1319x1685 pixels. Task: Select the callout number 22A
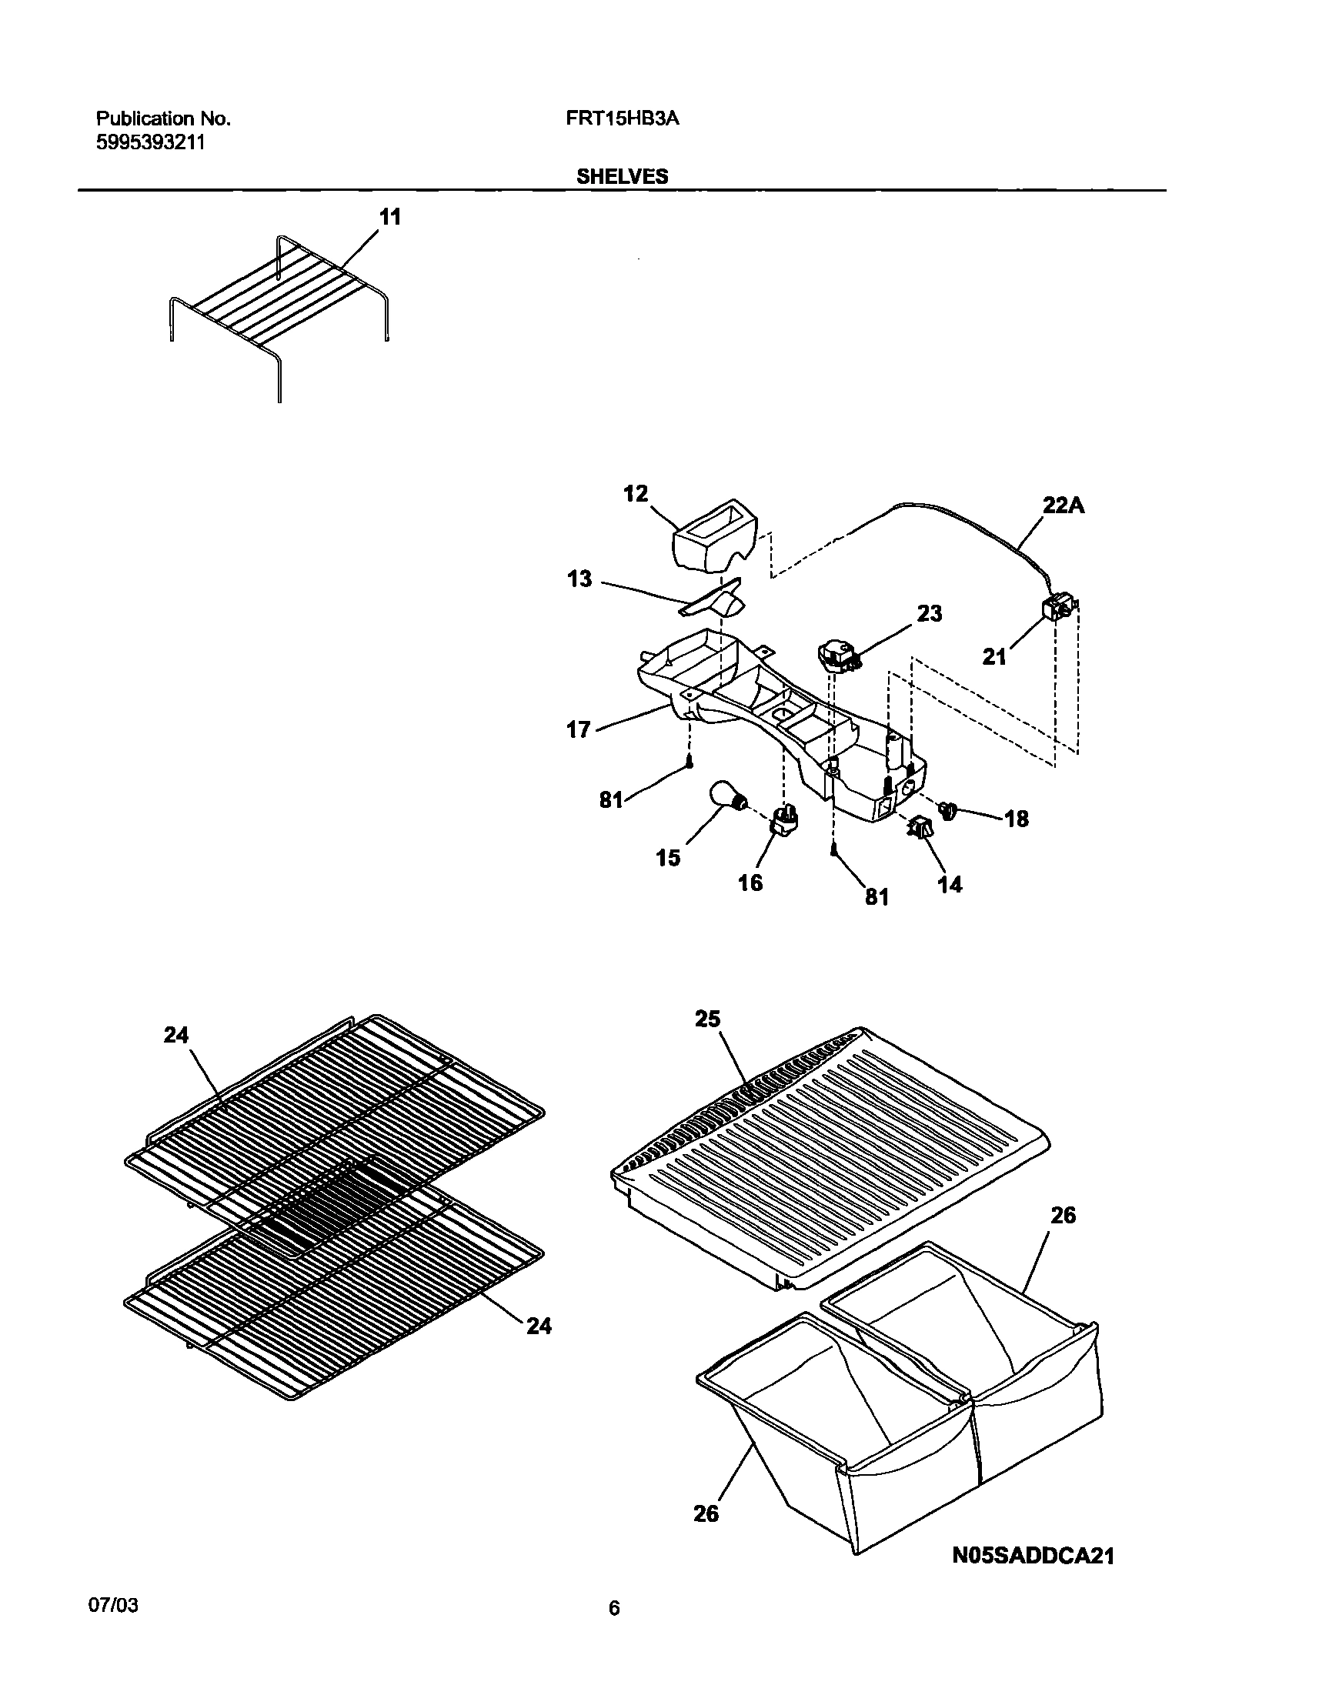(x=1064, y=505)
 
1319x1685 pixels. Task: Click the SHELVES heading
(x=623, y=177)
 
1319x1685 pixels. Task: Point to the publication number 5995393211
(x=151, y=143)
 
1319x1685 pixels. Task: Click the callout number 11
(x=390, y=219)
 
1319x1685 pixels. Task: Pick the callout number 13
(x=579, y=579)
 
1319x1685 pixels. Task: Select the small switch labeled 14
(x=920, y=829)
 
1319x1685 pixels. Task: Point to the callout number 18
(x=1017, y=819)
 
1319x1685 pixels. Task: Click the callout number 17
(x=579, y=729)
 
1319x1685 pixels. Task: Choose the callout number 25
(x=707, y=1020)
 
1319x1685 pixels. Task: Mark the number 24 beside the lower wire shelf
(x=539, y=1326)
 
